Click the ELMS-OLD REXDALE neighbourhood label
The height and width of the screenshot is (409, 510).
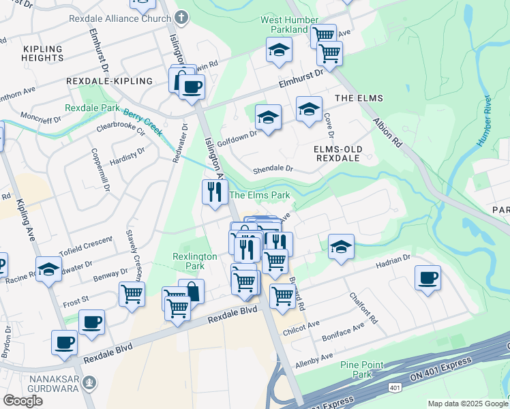coord(337,153)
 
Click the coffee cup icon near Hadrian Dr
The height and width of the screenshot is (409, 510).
coord(427,278)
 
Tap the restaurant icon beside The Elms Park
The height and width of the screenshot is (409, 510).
coord(214,192)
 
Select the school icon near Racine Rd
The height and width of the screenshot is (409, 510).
coord(49,270)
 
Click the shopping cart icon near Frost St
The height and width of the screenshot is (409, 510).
coord(132,294)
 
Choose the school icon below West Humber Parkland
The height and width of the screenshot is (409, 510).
coord(278,50)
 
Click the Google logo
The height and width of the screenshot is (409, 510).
coord(23,401)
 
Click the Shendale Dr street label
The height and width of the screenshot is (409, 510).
coord(273,168)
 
